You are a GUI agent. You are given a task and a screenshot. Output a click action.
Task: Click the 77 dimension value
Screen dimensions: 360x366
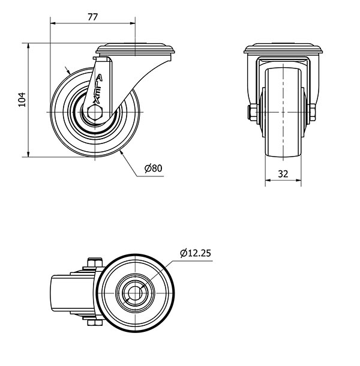tap(92, 17)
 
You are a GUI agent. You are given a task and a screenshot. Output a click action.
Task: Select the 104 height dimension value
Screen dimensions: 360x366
tap(22, 100)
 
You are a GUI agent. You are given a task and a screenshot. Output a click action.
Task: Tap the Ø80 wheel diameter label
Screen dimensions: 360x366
tap(153, 168)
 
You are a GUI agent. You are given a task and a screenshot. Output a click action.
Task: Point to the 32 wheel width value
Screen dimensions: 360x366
tap(283, 174)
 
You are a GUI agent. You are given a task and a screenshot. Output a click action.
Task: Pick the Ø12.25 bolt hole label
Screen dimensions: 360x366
tap(196, 253)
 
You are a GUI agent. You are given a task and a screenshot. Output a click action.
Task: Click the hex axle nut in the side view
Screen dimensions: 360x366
tap(95, 113)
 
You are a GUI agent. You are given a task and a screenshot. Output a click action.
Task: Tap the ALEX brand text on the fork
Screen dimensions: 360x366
tap(98, 89)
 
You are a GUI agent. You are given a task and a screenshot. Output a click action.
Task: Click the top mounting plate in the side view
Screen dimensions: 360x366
tap(135, 49)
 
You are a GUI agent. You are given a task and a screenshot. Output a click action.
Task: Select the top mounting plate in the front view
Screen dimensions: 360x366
tap(283, 49)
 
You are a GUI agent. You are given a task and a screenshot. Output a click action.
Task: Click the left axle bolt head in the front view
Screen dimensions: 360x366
tap(253, 112)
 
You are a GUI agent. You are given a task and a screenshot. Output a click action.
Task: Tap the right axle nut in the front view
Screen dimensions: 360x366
tap(313, 112)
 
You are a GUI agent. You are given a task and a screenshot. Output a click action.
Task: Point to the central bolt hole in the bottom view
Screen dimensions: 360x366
tap(135, 293)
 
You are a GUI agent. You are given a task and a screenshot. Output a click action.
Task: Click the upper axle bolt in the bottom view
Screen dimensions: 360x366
tap(95, 262)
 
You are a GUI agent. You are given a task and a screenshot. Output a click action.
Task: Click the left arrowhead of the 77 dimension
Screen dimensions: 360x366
tap(53, 23)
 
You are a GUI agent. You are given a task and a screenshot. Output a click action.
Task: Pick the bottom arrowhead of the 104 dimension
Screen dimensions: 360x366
tap(28, 154)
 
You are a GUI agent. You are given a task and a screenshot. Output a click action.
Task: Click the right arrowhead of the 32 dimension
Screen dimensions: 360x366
tap(298, 180)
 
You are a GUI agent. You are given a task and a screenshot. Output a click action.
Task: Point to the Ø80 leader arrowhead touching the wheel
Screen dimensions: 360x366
tap(121, 152)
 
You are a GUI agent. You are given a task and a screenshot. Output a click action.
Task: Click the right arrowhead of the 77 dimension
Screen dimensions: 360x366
tap(133, 23)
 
